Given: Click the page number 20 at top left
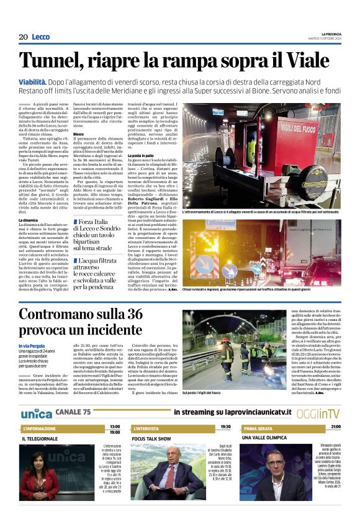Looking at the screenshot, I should pos(23,37).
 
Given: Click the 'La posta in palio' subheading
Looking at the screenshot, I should pos(140,155).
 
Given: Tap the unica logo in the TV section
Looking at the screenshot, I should pos(36,412).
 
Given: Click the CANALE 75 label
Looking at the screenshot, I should pos(73,412).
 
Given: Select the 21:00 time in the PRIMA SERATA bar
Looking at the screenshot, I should pos(335,427).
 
